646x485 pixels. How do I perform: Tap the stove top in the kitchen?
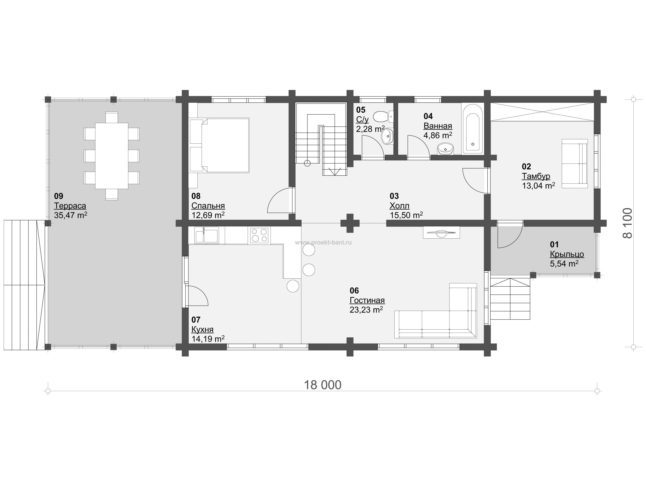[x=259, y=235]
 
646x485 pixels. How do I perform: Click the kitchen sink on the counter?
[x=206, y=235]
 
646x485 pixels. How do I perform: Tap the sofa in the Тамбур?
[x=575, y=163]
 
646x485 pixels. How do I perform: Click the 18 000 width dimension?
[x=323, y=385]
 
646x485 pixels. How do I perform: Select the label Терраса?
[x=70, y=206]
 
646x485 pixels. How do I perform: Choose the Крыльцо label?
[x=567, y=254]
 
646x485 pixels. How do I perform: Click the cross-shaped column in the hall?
[x=350, y=223]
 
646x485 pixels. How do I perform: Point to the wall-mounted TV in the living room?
[x=441, y=233]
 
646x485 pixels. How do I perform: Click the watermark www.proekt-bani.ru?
[x=323, y=242]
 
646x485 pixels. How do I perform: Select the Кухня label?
[x=202, y=329]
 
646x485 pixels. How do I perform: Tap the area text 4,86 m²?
[x=438, y=135]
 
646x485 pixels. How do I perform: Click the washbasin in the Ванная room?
[x=446, y=149]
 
